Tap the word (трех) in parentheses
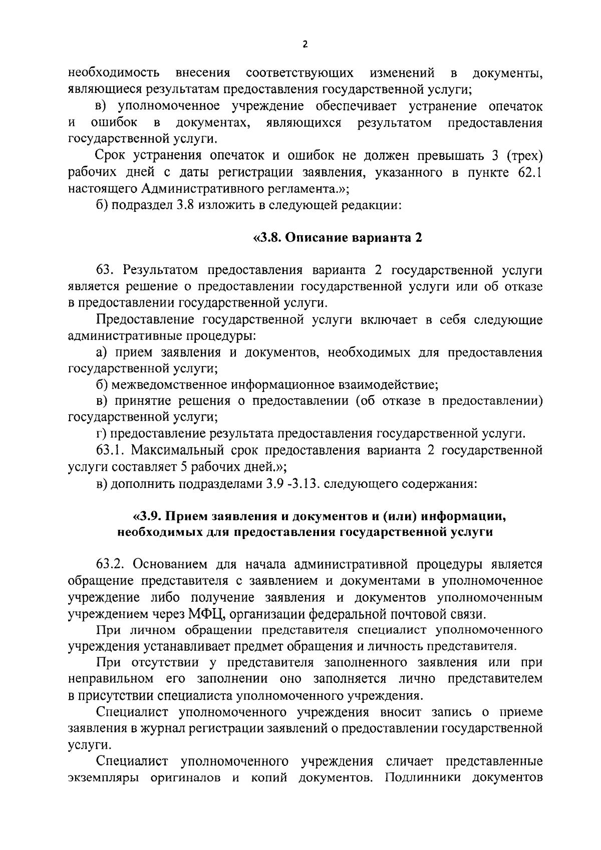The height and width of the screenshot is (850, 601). coord(525,156)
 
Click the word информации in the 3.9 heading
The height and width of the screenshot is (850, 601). coord(460,515)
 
